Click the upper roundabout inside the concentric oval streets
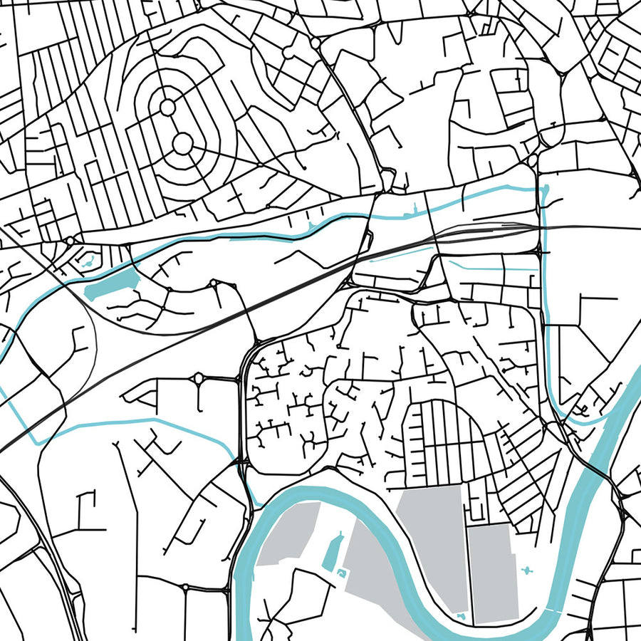point(167,107)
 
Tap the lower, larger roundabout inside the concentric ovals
point(182,144)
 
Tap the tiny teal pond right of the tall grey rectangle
point(528,570)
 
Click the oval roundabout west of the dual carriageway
point(197,378)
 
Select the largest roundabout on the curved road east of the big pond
point(213,283)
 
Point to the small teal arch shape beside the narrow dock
point(345,572)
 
